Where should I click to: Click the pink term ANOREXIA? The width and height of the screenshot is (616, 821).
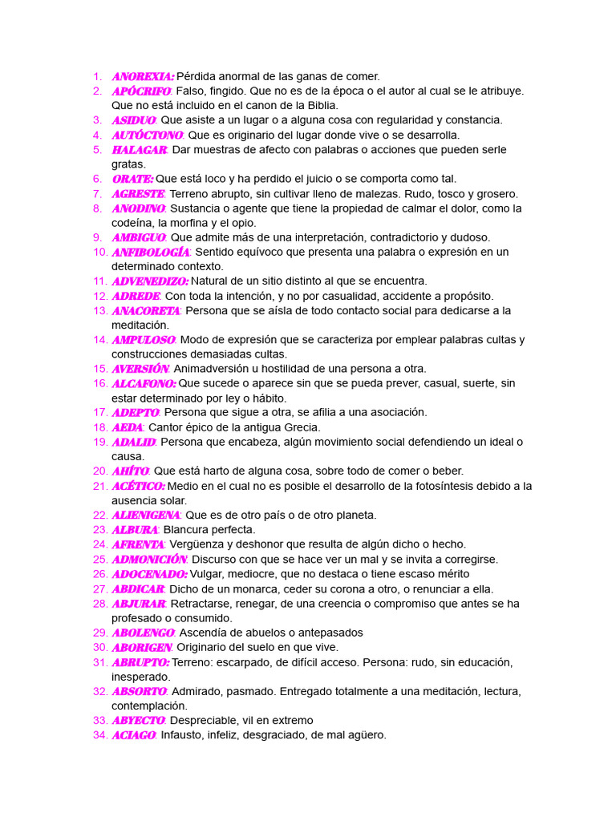click(x=143, y=76)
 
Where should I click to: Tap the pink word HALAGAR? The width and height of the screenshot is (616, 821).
click(x=140, y=150)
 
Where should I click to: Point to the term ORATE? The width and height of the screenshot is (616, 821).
click(x=132, y=179)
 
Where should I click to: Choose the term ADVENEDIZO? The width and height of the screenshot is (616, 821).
click(x=150, y=281)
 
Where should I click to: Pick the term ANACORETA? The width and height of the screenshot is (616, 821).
click(x=146, y=310)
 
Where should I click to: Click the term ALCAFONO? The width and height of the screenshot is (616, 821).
click(x=144, y=383)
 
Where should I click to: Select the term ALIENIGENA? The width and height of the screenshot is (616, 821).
click(x=146, y=515)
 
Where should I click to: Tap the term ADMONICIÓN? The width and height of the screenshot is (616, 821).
click(x=149, y=559)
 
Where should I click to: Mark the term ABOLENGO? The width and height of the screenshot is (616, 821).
click(x=143, y=633)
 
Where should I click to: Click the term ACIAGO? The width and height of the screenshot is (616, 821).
click(x=133, y=735)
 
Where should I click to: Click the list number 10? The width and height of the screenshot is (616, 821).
click(x=100, y=252)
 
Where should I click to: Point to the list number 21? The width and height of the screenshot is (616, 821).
click(x=100, y=486)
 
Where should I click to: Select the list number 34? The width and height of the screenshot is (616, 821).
click(x=100, y=735)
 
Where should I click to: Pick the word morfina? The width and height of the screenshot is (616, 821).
click(x=212, y=223)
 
